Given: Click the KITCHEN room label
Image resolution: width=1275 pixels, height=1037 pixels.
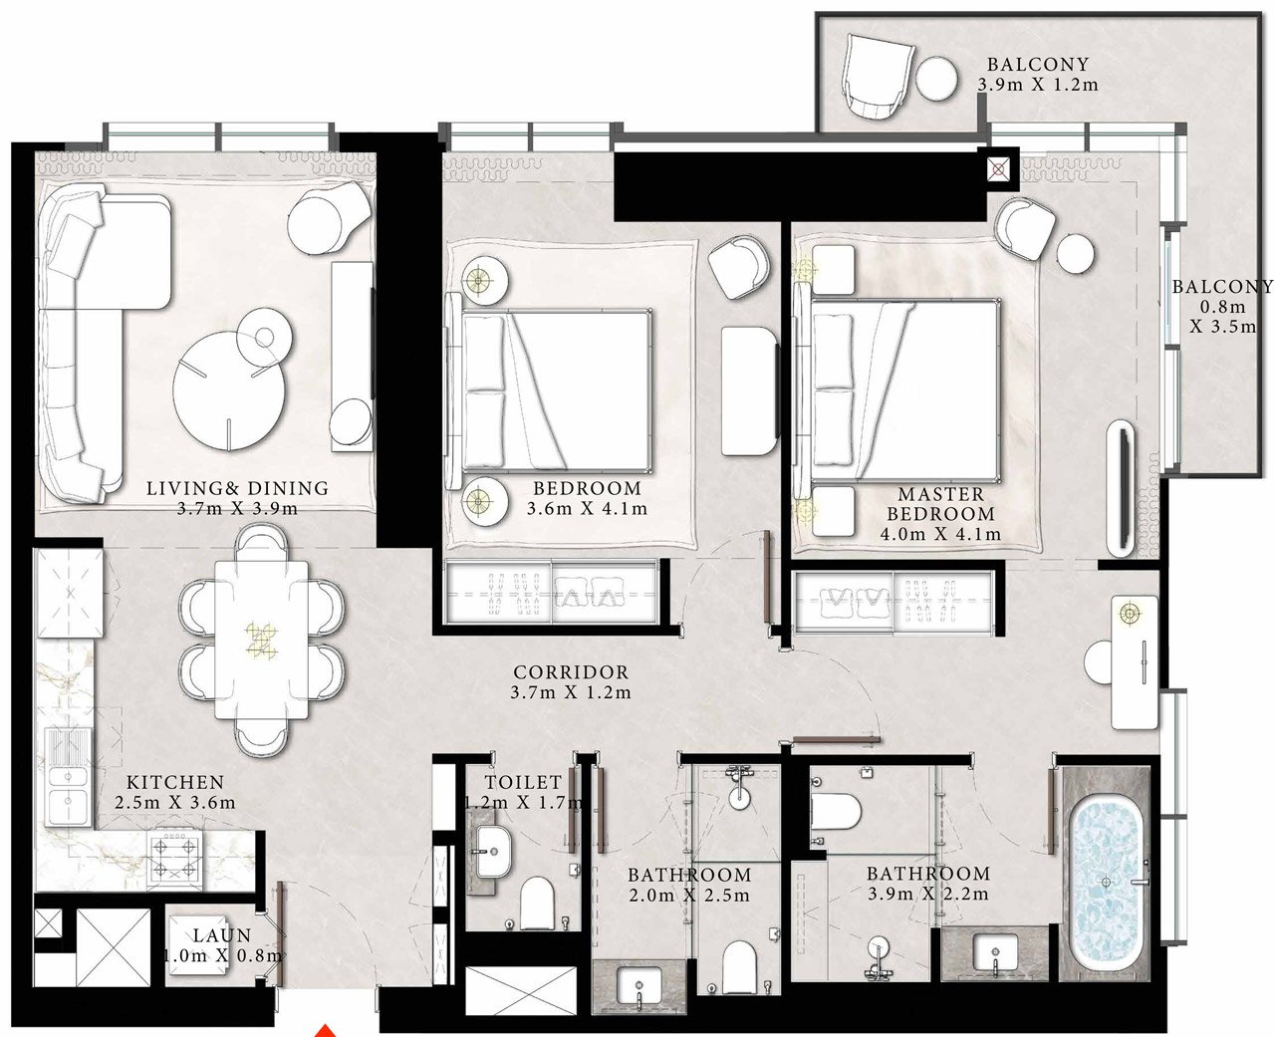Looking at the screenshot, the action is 175,782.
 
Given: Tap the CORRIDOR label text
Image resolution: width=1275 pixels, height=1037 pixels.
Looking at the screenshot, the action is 571,672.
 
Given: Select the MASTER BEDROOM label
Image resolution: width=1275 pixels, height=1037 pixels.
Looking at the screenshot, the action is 940,503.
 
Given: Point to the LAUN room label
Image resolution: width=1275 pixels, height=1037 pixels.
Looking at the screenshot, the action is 222,935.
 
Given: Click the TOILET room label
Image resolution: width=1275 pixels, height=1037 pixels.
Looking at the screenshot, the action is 523,782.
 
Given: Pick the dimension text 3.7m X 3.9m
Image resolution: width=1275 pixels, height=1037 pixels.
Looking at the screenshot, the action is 237,508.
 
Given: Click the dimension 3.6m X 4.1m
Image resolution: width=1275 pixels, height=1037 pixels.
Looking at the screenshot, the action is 587,508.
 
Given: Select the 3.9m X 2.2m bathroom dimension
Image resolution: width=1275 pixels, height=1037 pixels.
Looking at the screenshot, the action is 927,894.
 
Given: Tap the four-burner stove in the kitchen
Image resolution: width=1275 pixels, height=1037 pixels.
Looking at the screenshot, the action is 174,857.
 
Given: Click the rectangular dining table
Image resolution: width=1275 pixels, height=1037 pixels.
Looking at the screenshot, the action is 262,640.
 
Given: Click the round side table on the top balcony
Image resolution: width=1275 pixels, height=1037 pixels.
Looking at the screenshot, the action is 936,79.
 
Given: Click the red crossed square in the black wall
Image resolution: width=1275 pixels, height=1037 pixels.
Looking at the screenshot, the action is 998,170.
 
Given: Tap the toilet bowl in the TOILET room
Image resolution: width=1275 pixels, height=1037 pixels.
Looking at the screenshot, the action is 538,903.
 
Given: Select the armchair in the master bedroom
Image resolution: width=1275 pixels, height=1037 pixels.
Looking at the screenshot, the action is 1025,227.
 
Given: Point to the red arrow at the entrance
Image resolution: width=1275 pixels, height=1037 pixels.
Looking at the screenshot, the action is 326,1030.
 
